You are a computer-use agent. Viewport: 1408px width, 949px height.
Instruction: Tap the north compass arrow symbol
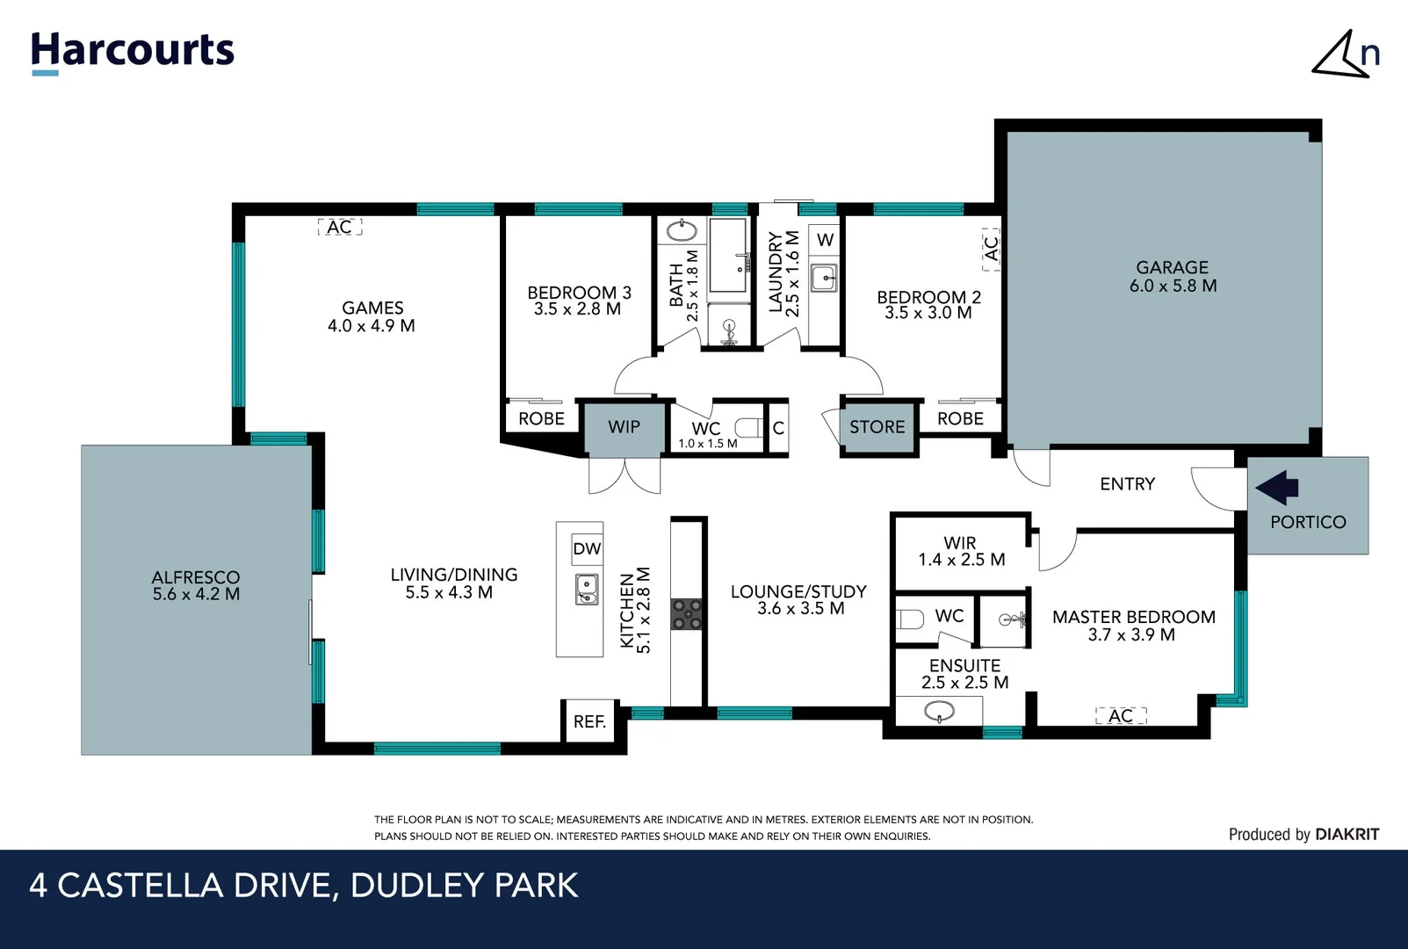[1342, 55]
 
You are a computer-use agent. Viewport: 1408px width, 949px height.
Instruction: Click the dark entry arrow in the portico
[1277, 487]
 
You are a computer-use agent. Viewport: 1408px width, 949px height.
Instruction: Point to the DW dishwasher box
[587, 549]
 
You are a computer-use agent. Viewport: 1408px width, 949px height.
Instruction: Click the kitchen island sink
[587, 588]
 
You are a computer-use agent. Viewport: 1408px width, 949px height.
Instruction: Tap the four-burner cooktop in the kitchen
[687, 613]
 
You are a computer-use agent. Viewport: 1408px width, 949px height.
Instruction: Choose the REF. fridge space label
[589, 721]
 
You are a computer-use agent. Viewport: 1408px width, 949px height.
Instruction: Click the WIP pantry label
[624, 427]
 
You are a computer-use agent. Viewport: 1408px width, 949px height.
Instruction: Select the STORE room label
[877, 427]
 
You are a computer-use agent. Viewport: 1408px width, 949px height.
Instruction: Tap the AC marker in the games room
[339, 228]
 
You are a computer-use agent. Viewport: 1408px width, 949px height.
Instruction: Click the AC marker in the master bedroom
[1121, 716]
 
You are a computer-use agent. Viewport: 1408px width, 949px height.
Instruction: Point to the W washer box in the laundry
[825, 240]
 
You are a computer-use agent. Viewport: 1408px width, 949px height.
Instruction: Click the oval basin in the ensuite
[939, 710]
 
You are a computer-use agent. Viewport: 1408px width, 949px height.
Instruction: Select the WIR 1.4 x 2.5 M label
[961, 552]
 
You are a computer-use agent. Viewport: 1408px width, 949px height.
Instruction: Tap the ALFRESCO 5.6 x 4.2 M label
[196, 585]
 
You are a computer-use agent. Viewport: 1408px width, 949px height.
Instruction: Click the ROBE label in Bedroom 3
[541, 419]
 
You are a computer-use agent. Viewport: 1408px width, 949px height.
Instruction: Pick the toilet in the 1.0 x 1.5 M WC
[749, 428]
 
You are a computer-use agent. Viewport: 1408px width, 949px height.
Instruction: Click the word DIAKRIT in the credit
[1347, 835]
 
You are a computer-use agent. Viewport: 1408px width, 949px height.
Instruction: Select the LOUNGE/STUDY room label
[798, 599]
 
